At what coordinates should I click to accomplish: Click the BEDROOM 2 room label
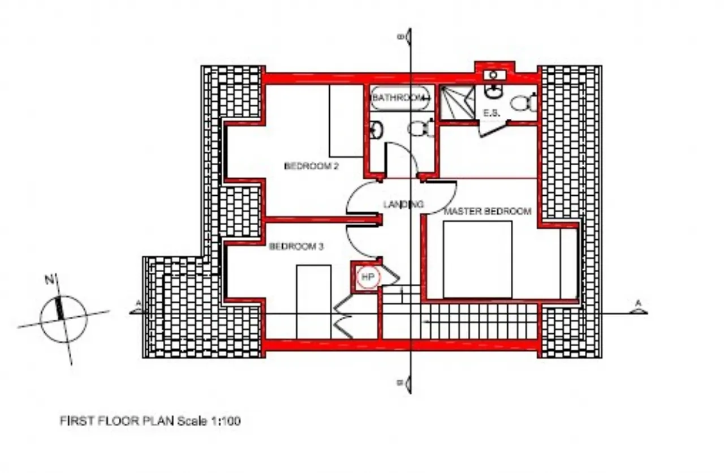point(311,166)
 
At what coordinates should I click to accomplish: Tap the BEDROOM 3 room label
point(296,247)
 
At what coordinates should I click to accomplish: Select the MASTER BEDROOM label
point(488,212)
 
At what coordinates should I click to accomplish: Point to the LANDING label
point(403,204)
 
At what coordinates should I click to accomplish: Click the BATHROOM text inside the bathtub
point(399,97)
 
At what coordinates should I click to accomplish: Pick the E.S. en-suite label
point(492,113)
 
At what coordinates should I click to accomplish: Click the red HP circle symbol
point(368,277)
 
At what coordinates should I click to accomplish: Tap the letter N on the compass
point(49,279)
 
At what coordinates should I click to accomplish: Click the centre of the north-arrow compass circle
point(63,319)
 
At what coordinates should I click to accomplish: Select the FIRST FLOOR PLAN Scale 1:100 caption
point(150,421)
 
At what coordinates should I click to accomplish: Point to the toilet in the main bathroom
point(420,128)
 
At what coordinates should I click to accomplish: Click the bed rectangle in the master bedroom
point(478,259)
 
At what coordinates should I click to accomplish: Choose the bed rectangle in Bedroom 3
point(313,302)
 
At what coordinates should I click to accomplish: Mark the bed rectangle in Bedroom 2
point(346,121)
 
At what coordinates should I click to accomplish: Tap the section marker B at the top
point(406,37)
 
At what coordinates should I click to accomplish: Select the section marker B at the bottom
point(406,384)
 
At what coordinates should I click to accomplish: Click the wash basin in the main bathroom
point(376,130)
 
